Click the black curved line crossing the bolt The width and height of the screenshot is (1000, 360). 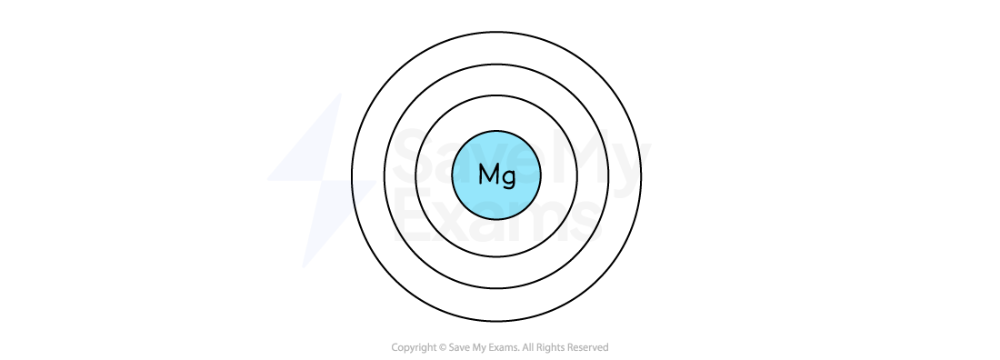tap(353, 193)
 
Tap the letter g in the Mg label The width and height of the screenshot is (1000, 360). tap(508, 176)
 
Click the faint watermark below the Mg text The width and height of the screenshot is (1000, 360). tap(491, 207)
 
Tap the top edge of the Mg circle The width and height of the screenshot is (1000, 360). tap(496, 133)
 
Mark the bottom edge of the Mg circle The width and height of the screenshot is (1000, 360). tap(496, 217)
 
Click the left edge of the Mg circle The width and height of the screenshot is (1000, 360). tap(455, 175)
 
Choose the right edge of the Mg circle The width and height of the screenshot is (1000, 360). tap(539, 175)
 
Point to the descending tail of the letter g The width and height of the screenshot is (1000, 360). tap(508, 185)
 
